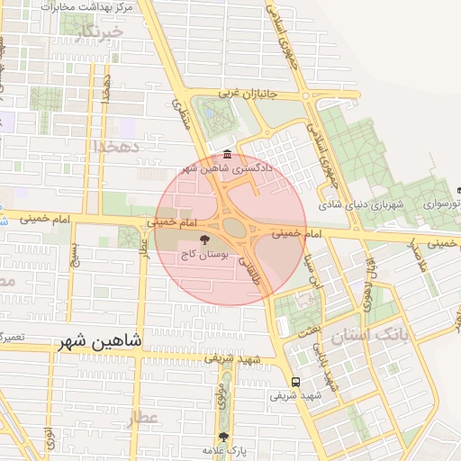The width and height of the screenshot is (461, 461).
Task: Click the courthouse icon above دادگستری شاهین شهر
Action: [x=225, y=153]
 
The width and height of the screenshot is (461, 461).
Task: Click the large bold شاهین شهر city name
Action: [x=100, y=342]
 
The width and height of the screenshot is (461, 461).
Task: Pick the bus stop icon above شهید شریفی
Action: [x=296, y=381]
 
